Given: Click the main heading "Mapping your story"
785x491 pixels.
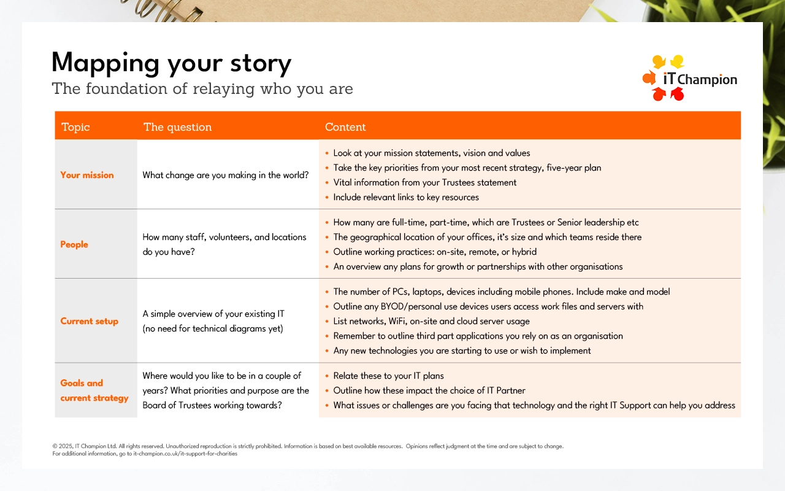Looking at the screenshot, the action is pyautogui.click(x=171, y=63).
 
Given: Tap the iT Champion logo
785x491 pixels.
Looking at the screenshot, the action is pyautogui.click(x=689, y=78).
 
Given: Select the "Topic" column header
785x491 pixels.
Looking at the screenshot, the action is pyautogui.click(x=75, y=126).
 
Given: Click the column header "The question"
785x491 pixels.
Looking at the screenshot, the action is pyautogui.click(x=177, y=126).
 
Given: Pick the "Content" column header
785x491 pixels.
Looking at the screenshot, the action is pyautogui.click(x=345, y=126).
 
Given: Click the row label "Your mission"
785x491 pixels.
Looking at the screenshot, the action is pyautogui.click(x=87, y=175).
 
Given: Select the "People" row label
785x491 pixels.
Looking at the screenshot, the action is pyautogui.click(x=74, y=244).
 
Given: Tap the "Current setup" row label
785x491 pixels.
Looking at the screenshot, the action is pyautogui.click(x=89, y=321).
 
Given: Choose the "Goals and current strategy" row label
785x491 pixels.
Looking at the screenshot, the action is pyautogui.click(x=94, y=390).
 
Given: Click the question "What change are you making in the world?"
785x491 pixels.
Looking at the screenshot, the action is pyautogui.click(x=225, y=175).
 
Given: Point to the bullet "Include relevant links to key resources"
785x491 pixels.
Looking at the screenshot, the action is pyautogui.click(x=406, y=197).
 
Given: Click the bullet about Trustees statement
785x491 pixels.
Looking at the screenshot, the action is pyautogui.click(x=425, y=182).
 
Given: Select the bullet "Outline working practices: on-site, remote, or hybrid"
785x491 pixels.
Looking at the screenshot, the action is pyautogui.click(x=435, y=252).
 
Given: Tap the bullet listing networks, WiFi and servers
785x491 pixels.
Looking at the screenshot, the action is pyautogui.click(x=431, y=321).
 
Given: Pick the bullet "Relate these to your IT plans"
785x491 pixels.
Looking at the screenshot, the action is pyautogui.click(x=388, y=376).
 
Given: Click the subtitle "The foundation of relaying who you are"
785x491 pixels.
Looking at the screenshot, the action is pyautogui.click(x=202, y=89).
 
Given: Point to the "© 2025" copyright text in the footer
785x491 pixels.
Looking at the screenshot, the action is pyautogui.click(x=63, y=446).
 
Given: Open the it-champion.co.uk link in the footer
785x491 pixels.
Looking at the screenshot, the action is pyautogui.click(x=185, y=454).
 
